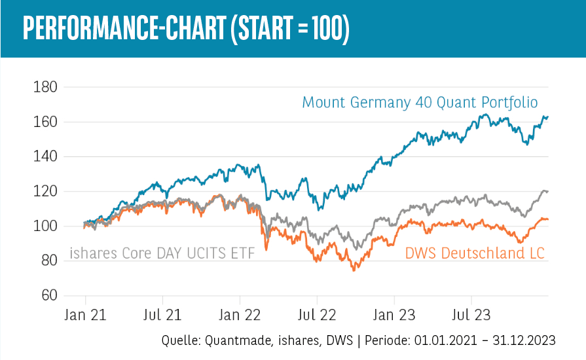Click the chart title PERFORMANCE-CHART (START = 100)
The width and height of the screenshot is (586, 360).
click(x=185, y=29)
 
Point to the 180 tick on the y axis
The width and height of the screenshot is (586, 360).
click(x=45, y=87)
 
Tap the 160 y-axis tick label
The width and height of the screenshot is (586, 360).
click(x=45, y=122)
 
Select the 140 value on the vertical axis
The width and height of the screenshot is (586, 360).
click(x=45, y=157)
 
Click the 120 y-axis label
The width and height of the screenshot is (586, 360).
click(x=45, y=192)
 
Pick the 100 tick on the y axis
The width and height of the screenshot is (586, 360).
click(x=45, y=226)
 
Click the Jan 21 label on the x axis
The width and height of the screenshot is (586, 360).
click(x=86, y=315)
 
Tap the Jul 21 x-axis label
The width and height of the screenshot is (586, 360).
click(x=162, y=315)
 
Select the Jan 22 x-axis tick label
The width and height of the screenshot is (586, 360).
click(x=240, y=315)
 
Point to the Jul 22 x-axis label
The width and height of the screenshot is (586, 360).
click(x=317, y=315)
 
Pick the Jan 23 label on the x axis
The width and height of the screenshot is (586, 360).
click(x=394, y=315)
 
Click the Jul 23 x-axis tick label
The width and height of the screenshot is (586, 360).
click(x=471, y=315)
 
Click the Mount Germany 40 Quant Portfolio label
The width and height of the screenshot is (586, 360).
click(x=420, y=103)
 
